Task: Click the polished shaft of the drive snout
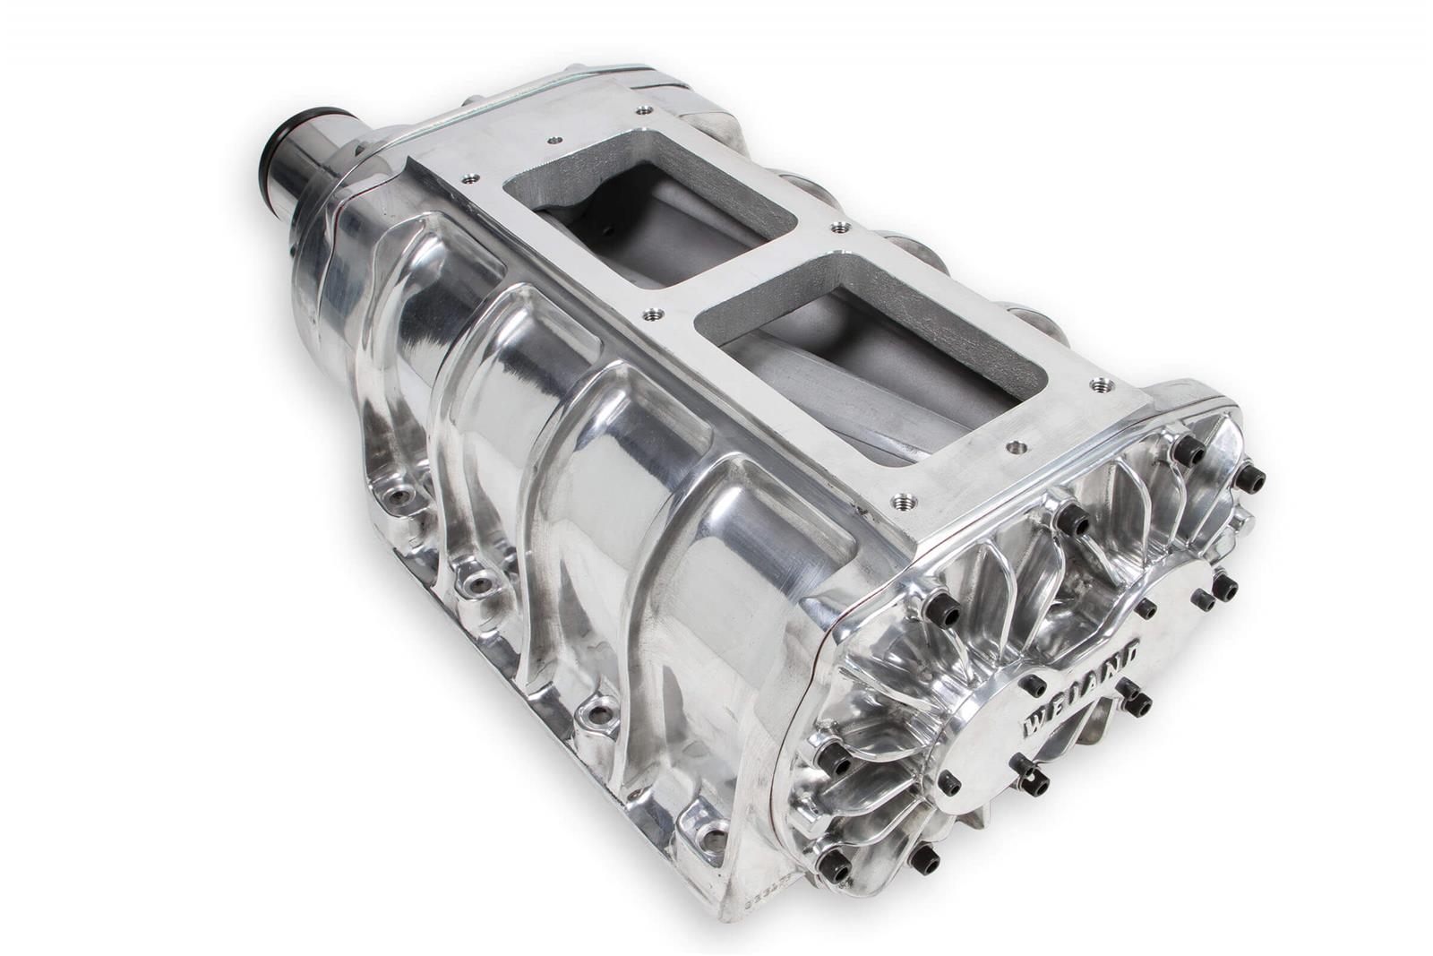309,175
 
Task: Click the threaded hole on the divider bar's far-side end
839,228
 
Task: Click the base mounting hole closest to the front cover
712,838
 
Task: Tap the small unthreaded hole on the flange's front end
1015,446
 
